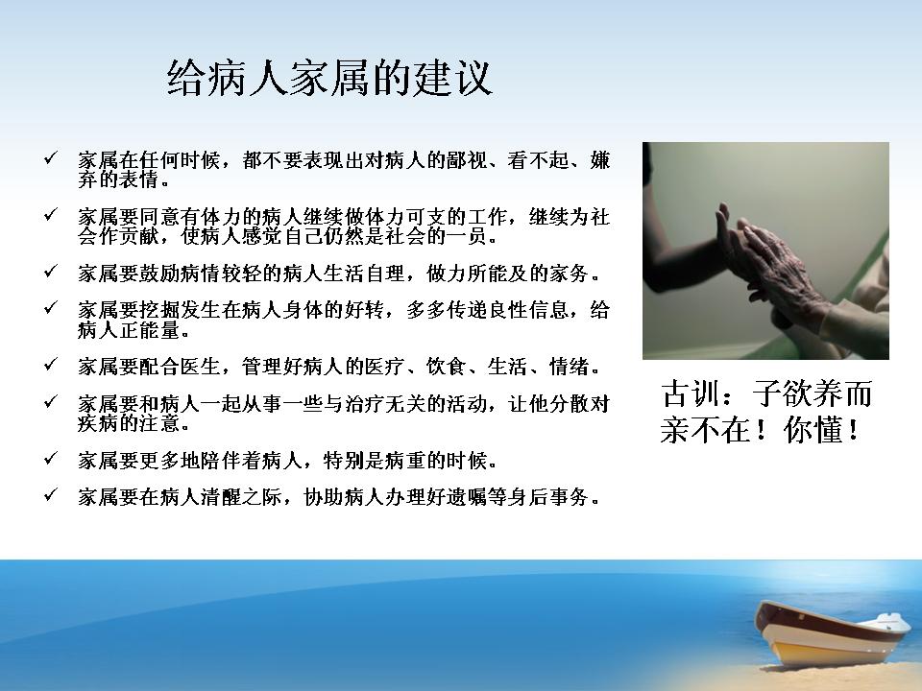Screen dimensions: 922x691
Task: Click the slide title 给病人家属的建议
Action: coord(329,78)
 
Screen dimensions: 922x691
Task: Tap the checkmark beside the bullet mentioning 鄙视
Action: coord(51,158)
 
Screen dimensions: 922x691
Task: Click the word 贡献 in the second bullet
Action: coord(138,236)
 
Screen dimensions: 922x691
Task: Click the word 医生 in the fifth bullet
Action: coord(201,367)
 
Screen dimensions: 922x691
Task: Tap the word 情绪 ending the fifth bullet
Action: coord(570,367)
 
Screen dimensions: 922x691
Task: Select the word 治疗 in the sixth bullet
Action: coord(384,404)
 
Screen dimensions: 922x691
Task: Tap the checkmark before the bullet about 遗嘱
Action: coord(51,495)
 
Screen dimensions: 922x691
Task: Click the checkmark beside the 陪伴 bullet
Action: coord(51,459)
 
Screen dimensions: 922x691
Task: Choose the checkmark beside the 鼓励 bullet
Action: coord(51,272)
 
